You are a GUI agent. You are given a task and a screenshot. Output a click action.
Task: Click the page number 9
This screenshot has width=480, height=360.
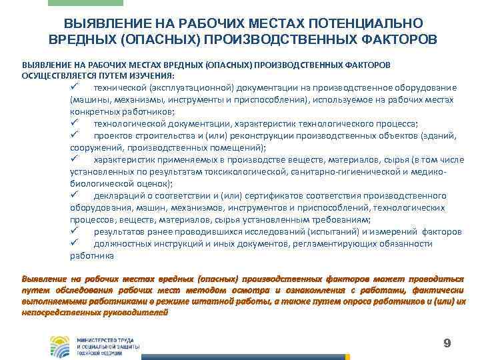447,343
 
